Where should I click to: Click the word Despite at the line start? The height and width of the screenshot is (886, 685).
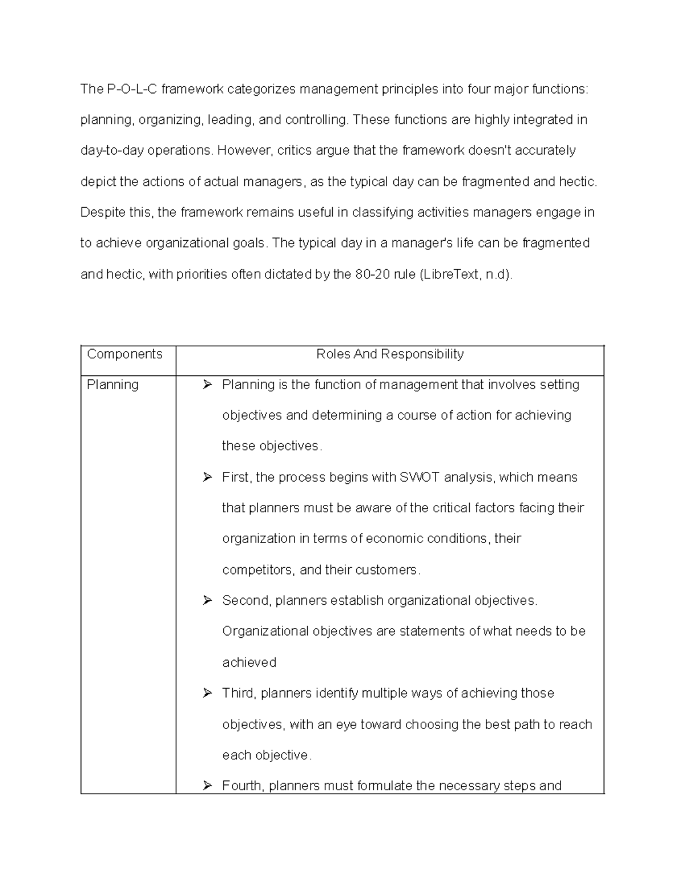click(100, 213)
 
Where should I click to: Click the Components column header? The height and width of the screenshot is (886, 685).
click(124, 354)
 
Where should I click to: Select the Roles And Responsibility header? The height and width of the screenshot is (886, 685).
click(390, 354)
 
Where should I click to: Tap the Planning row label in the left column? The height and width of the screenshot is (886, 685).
click(112, 385)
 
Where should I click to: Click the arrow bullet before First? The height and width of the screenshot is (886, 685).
click(207, 478)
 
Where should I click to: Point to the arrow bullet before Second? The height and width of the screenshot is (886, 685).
click(207, 601)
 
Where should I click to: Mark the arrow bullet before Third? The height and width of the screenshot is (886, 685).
click(207, 693)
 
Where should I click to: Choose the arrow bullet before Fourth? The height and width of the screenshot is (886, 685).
click(207, 786)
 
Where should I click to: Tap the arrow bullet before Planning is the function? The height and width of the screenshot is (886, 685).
click(207, 385)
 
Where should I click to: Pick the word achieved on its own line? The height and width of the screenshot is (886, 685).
click(249, 662)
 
